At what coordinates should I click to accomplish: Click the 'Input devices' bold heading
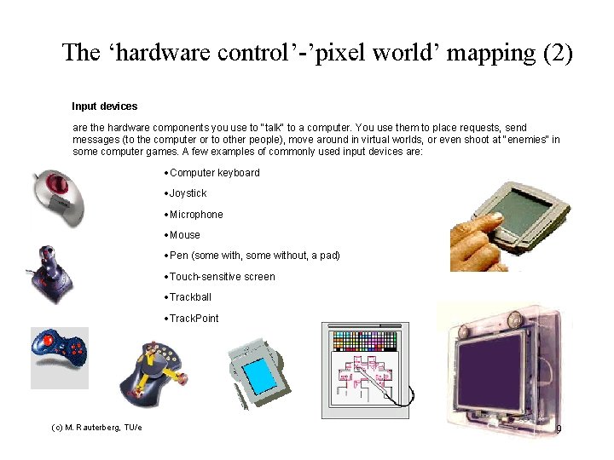[x=104, y=106]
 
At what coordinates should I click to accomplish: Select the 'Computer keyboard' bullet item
[x=214, y=173]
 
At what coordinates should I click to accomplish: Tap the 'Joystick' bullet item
[x=188, y=193]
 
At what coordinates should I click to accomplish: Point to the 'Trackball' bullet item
[x=190, y=297]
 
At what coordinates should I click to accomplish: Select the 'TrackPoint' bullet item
[x=194, y=319]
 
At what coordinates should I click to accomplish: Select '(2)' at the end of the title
[x=558, y=53]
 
